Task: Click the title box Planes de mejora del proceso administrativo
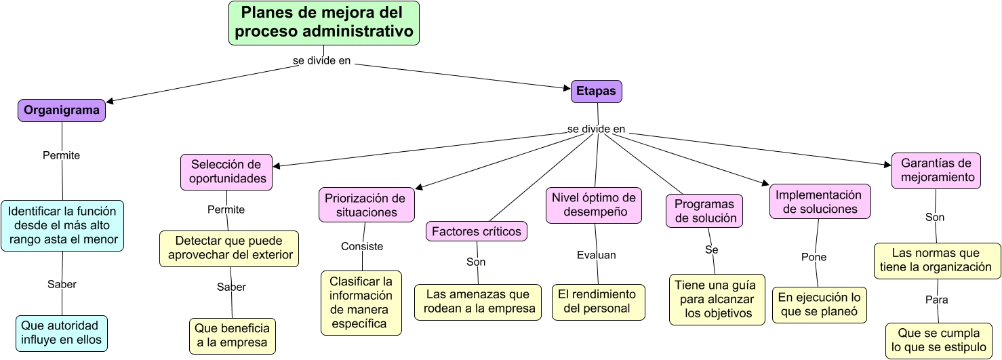point(323,23)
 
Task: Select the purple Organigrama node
point(62,111)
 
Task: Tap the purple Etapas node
point(596,92)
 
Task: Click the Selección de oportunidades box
point(226,172)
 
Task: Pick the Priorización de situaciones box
point(366,205)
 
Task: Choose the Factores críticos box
point(476,231)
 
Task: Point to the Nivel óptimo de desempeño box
point(594,205)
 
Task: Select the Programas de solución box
point(704,211)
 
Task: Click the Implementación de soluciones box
point(820,201)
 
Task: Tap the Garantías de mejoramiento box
point(936,170)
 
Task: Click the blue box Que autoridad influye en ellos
point(62,333)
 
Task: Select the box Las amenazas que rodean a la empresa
point(478,302)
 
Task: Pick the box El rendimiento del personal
point(597,302)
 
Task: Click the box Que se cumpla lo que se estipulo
point(939,340)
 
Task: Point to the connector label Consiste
point(362,246)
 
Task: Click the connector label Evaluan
point(597,255)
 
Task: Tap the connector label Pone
point(814,257)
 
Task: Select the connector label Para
point(936,299)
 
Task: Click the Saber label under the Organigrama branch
point(62,284)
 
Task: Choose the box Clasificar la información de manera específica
point(361,303)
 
